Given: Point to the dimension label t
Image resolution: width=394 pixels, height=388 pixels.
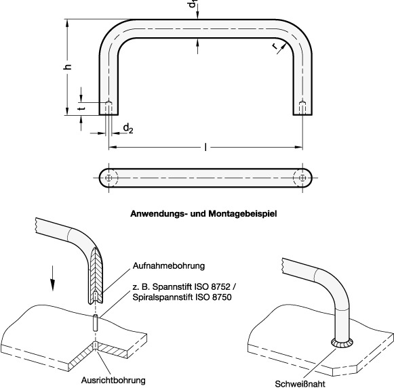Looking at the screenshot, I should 81,108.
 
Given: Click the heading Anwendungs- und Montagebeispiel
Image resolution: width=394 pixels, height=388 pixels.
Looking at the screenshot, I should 203,212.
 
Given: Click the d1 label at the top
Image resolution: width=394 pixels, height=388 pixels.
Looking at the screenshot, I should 195,5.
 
